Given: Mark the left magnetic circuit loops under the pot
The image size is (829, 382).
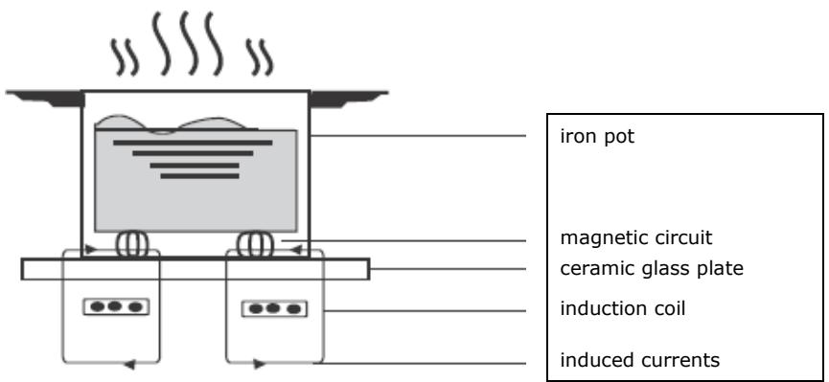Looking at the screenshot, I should (x=129, y=244).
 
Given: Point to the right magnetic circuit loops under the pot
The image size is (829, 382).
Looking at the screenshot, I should (x=259, y=244).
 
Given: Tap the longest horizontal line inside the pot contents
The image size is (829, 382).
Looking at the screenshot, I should (x=193, y=142).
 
